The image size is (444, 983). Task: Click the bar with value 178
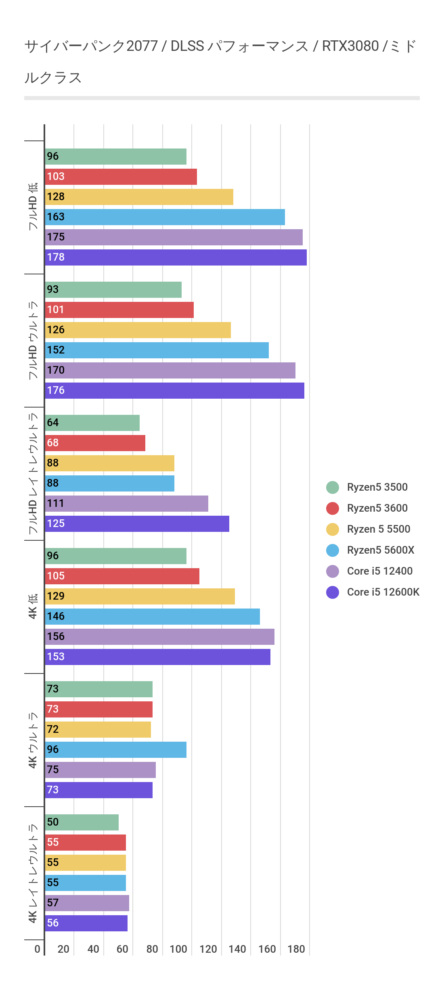(x=176, y=257)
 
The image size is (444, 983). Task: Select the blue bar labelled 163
(x=165, y=217)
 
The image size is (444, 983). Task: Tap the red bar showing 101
(x=119, y=310)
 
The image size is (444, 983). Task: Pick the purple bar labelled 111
(x=126, y=504)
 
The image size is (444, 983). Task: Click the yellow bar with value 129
(x=140, y=596)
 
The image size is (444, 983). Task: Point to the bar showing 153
(x=157, y=657)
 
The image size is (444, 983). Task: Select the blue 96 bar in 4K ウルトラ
(x=115, y=750)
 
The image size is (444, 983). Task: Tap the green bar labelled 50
(x=82, y=822)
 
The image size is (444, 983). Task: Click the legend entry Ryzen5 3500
(x=377, y=487)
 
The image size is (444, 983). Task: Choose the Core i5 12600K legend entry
(x=383, y=592)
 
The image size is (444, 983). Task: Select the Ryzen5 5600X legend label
(x=380, y=550)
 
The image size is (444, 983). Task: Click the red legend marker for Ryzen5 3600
(x=333, y=508)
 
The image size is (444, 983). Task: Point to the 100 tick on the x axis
(x=178, y=949)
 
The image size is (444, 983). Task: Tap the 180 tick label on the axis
(x=296, y=949)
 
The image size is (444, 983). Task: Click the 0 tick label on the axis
(x=37, y=949)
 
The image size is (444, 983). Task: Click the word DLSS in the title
(x=187, y=46)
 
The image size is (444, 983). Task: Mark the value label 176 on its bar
(x=56, y=391)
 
